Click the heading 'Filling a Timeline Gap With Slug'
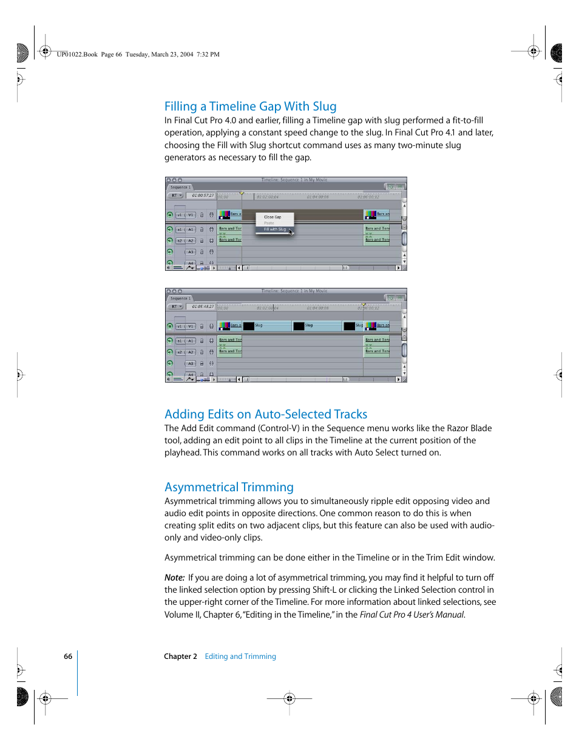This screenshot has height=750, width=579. [250, 106]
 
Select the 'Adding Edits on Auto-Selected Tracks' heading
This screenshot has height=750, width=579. [266, 414]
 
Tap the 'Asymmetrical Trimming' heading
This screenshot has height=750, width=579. [229, 487]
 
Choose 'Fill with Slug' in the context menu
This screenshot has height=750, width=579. [274, 230]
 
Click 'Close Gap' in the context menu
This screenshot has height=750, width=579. [273, 217]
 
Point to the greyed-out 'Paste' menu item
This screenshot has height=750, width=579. [269, 223]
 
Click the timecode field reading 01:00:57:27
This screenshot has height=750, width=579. [202, 196]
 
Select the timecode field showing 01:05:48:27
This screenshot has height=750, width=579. [202, 307]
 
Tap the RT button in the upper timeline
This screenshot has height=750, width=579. [176, 196]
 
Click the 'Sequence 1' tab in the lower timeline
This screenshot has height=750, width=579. [180, 298]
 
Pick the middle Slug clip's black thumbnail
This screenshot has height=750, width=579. [299, 326]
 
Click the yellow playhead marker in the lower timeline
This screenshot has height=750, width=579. [364, 304]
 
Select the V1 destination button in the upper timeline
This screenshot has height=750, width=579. [191, 215]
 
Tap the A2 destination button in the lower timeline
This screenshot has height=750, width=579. [191, 352]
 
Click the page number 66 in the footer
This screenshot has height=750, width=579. [68, 656]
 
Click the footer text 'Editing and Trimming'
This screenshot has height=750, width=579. [240, 656]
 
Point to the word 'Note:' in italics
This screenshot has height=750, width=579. [174, 578]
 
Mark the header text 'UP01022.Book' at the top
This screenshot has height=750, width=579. [77, 55]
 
